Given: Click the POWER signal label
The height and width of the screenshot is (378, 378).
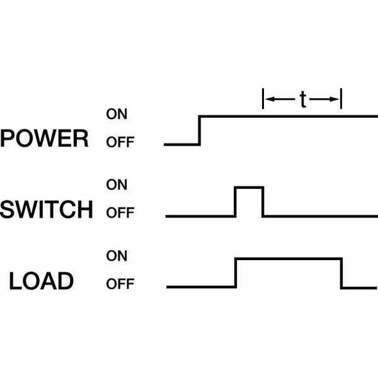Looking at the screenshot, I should pos(44,138).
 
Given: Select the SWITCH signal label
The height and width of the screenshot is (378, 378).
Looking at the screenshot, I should pos(46,210).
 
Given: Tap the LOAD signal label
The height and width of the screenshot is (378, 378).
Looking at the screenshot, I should pos(41,281).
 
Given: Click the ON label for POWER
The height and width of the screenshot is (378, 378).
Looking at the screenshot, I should pos(117,115).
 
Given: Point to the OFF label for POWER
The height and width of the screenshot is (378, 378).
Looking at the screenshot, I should pos(120,142).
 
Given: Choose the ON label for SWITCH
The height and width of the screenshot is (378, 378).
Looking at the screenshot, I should pos(117,185).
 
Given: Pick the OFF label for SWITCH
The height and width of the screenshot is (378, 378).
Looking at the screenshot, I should pos(120,213).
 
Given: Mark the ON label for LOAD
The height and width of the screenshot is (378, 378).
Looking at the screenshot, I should pos(117,256).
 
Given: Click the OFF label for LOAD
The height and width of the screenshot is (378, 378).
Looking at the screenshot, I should pos(120,284).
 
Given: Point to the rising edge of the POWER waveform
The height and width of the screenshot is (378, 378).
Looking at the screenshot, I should pos(200,131).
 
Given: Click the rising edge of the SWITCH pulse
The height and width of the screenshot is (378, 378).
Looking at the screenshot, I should pos(236,201).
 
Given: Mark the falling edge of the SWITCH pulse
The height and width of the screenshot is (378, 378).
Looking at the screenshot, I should pos(263,201).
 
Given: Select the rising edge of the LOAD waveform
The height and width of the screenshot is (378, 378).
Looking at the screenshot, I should pos(236,272).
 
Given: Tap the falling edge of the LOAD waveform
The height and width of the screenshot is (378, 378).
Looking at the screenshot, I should pos(341,272).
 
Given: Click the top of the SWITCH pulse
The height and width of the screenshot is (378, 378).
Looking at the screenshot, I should pos(249,187).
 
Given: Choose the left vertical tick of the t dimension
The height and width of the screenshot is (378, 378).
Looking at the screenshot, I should pos(263,99).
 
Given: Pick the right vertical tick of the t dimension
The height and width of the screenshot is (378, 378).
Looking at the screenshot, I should pos(341,99).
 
